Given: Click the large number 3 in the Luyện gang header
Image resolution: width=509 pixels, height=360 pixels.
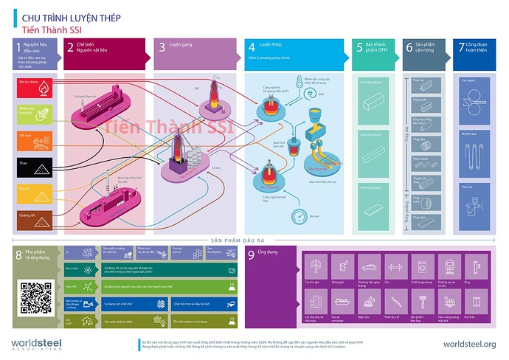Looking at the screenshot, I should [162, 46].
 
